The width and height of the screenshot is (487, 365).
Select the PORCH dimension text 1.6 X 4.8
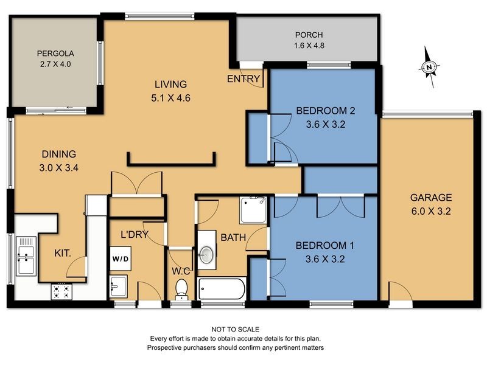(x=309, y=46)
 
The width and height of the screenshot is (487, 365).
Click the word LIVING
(x=170, y=85)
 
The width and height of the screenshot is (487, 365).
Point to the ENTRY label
(x=243, y=79)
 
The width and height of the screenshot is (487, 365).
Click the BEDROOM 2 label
(x=325, y=111)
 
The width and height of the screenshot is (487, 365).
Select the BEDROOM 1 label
(x=325, y=246)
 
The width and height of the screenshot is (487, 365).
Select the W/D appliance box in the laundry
(x=120, y=259)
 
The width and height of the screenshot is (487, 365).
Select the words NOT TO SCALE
(x=234, y=329)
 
